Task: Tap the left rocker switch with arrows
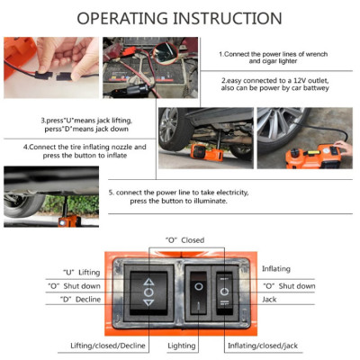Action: pyautogui.click(x=148, y=290)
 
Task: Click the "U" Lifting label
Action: pyautogui.click(x=80, y=271)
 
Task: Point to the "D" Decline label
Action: pyautogui.click(x=81, y=298)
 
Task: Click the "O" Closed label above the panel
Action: pyautogui.click(x=184, y=240)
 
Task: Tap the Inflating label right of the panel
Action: pyautogui.click(x=276, y=269)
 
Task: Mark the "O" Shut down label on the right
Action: pyautogui.click(x=289, y=285)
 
